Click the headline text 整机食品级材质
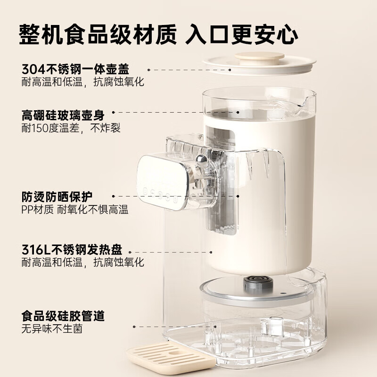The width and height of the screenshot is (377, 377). tap(98, 34)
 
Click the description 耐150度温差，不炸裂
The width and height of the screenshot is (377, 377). tap(71, 128)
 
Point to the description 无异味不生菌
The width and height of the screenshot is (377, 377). tap(52, 328)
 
